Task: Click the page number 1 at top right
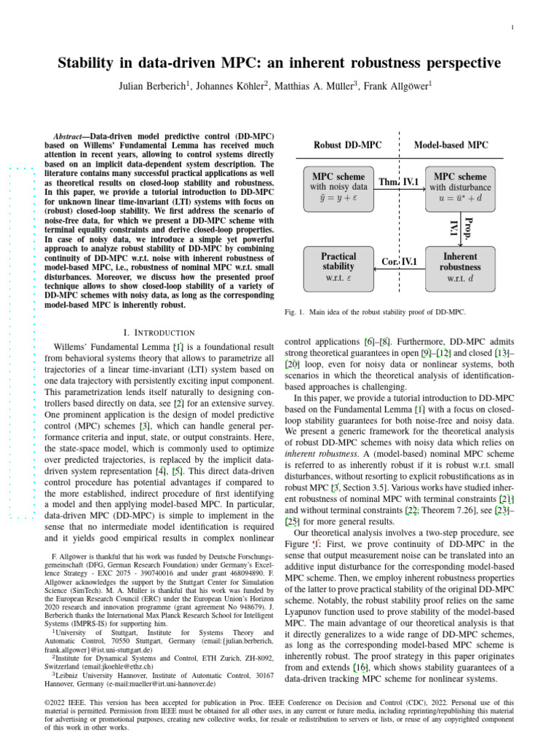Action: (514, 28)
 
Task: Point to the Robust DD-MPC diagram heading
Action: (347, 146)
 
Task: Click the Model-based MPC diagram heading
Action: (451, 146)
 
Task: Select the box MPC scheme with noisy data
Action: (338, 187)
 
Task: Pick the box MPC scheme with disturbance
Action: (460, 187)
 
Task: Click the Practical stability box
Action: (338, 266)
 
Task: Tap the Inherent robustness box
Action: (460, 266)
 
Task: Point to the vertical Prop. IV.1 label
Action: (462, 227)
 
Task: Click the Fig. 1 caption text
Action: (374, 313)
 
